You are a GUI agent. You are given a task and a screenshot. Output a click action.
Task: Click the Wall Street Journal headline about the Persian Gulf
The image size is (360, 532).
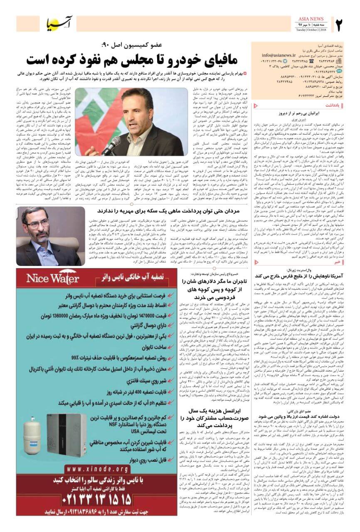point(304,276)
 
